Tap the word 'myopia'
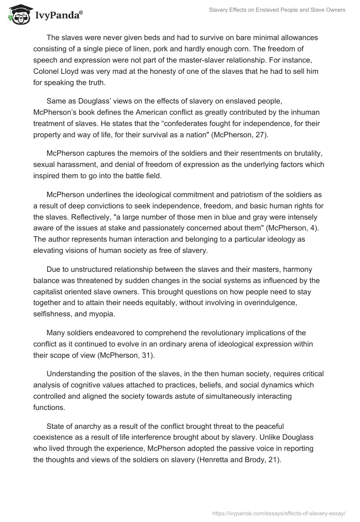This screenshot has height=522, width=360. [x=102, y=313]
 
